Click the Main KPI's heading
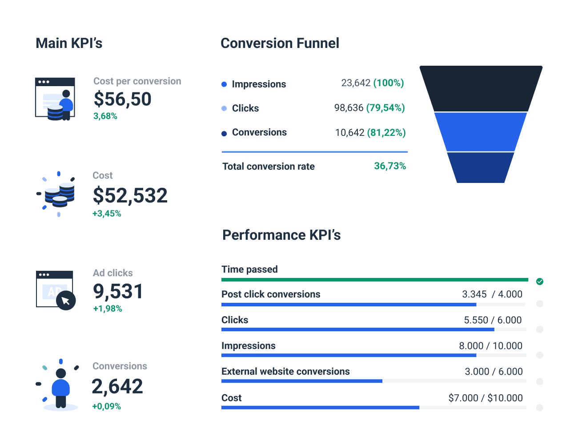tap(69, 43)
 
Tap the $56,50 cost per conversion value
tap(122, 99)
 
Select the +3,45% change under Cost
tap(107, 214)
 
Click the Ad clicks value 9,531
tap(118, 291)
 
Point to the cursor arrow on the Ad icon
tap(66, 301)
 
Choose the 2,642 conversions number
tap(117, 386)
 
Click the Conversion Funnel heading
tap(280, 43)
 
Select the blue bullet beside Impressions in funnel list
tap(224, 84)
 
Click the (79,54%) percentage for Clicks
tap(385, 108)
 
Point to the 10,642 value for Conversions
tap(349, 133)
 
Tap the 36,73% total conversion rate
tap(390, 166)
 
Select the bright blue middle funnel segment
tap(481, 132)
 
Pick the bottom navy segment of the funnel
tap(481, 167)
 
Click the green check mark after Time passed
tap(540, 281)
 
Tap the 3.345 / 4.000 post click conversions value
tap(492, 294)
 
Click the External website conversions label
tap(285, 372)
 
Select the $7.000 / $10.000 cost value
tap(486, 398)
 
